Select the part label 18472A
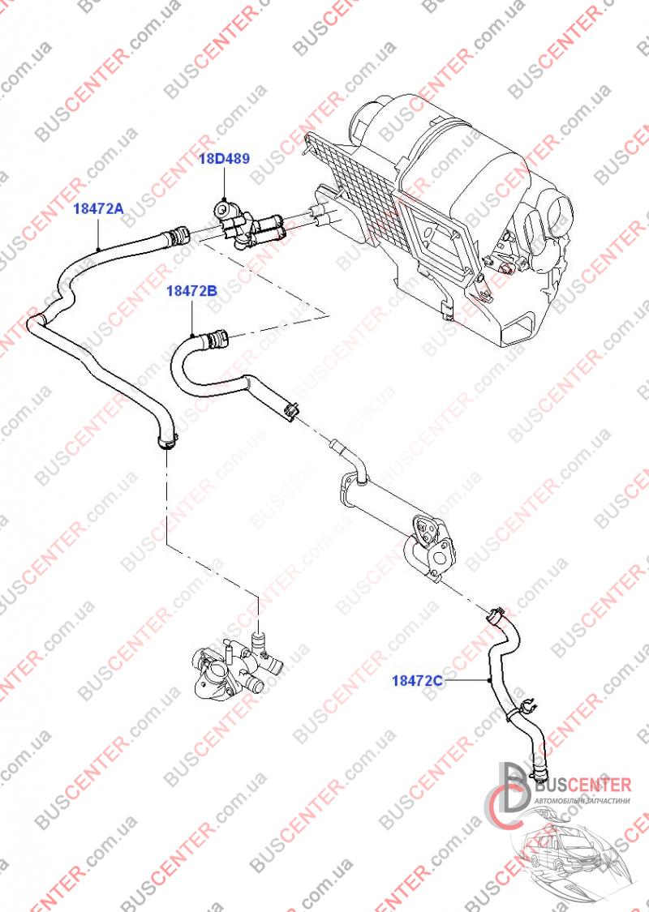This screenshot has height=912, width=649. (x=98, y=208)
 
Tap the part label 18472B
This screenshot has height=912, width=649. (x=191, y=290)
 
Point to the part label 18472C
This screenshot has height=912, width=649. (x=417, y=679)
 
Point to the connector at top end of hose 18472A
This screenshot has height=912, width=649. (x=177, y=236)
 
